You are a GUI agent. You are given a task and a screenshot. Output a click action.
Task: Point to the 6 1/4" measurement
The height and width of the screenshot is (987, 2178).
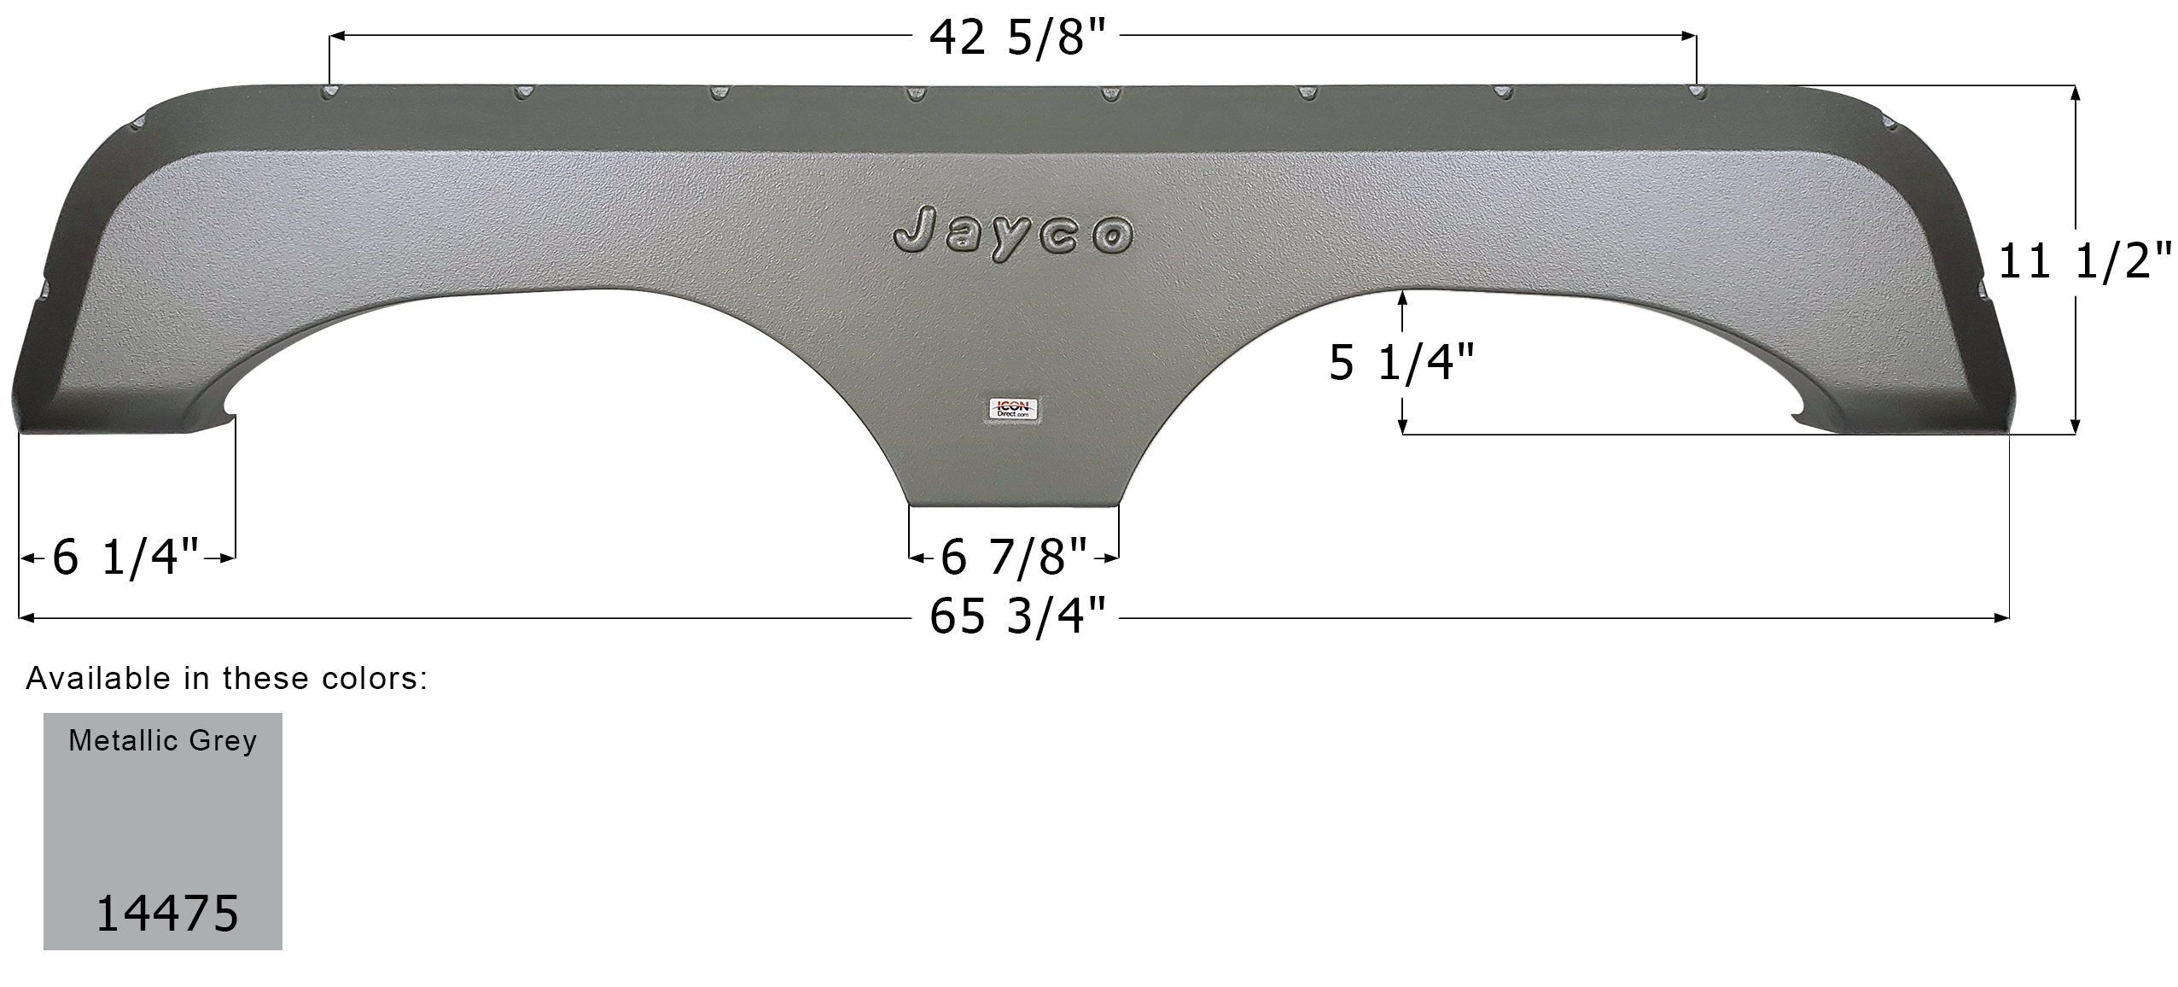(x=125, y=558)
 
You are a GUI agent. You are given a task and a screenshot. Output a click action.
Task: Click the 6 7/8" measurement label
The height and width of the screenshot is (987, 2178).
(x=1014, y=558)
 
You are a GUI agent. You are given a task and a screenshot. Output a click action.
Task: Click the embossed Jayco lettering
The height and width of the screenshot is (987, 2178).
(x=1013, y=232)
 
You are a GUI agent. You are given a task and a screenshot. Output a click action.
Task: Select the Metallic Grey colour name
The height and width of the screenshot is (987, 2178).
(x=162, y=740)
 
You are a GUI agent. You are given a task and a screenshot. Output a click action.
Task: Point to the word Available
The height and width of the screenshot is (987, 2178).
(x=98, y=678)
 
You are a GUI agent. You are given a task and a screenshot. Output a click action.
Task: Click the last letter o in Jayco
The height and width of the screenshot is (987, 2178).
(x=1113, y=237)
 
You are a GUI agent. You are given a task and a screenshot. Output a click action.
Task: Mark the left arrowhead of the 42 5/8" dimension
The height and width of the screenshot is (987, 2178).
(x=336, y=36)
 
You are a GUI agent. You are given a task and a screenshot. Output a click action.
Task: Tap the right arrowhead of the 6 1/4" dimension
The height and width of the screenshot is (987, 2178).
(x=228, y=558)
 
